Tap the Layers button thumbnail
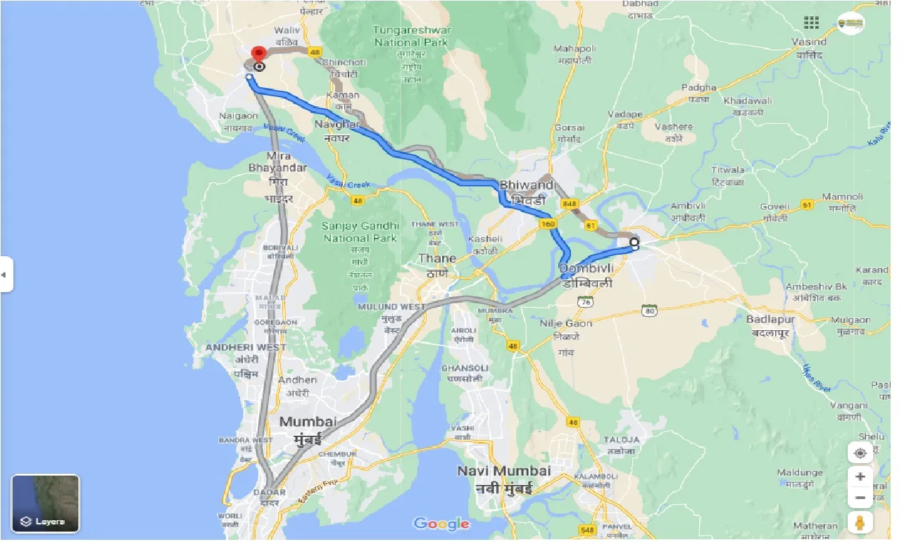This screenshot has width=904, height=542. (x=46, y=503)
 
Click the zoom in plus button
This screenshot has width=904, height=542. (x=860, y=477)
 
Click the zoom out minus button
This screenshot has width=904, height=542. (x=860, y=498)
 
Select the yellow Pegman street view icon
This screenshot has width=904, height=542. (x=860, y=523)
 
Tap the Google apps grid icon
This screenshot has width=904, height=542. (x=811, y=23)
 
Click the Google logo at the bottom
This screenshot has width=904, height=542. (x=441, y=524)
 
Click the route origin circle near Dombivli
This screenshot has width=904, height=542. (x=634, y=243)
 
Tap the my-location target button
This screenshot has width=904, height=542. (x=860, y=453)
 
